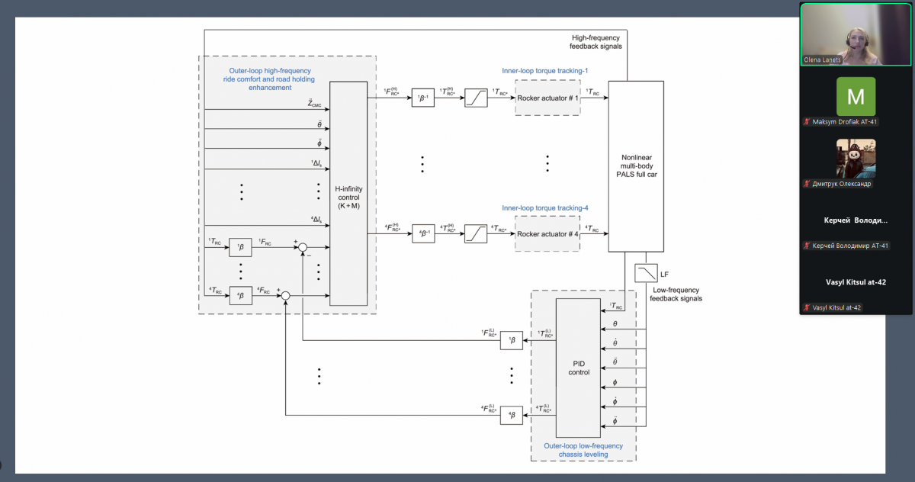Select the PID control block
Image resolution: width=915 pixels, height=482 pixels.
tap(578, 368)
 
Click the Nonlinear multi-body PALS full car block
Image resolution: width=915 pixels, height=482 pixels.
tap(635, 165)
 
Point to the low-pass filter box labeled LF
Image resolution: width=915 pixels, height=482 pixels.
tap(646, 273)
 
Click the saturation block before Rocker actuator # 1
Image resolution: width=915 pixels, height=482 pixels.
tap(477, 98)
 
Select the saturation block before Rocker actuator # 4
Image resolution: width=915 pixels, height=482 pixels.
tap(477, 233)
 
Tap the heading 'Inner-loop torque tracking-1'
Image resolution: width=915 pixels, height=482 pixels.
tap(545, 71)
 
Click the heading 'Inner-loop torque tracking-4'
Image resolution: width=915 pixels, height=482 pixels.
tap(545, 207)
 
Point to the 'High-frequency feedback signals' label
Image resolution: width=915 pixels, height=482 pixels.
tap(596, 42)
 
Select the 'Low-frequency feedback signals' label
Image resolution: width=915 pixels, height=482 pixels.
tap(676, 294)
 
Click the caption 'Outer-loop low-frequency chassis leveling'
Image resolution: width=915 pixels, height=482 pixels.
tap(583, 450)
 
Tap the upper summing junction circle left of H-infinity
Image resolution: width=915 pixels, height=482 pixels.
tap(303, 247)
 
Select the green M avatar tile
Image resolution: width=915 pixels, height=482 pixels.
tap(856, 96)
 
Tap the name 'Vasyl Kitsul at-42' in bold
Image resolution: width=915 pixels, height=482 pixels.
tap(856, 282)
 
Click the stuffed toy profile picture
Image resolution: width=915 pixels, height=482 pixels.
tap(856, 158)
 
